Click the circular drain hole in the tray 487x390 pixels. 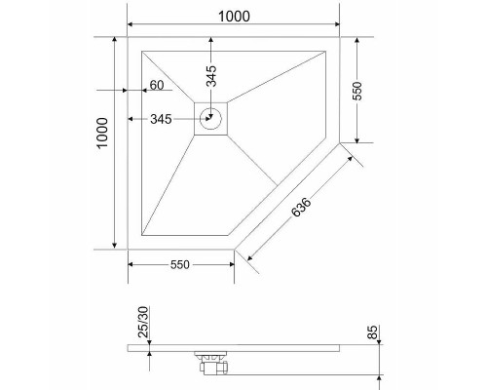pos(212,120)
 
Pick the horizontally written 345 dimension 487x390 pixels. pos(161,120)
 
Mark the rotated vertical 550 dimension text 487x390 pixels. pos(356,92)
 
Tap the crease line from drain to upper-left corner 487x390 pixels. pos(170,77)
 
